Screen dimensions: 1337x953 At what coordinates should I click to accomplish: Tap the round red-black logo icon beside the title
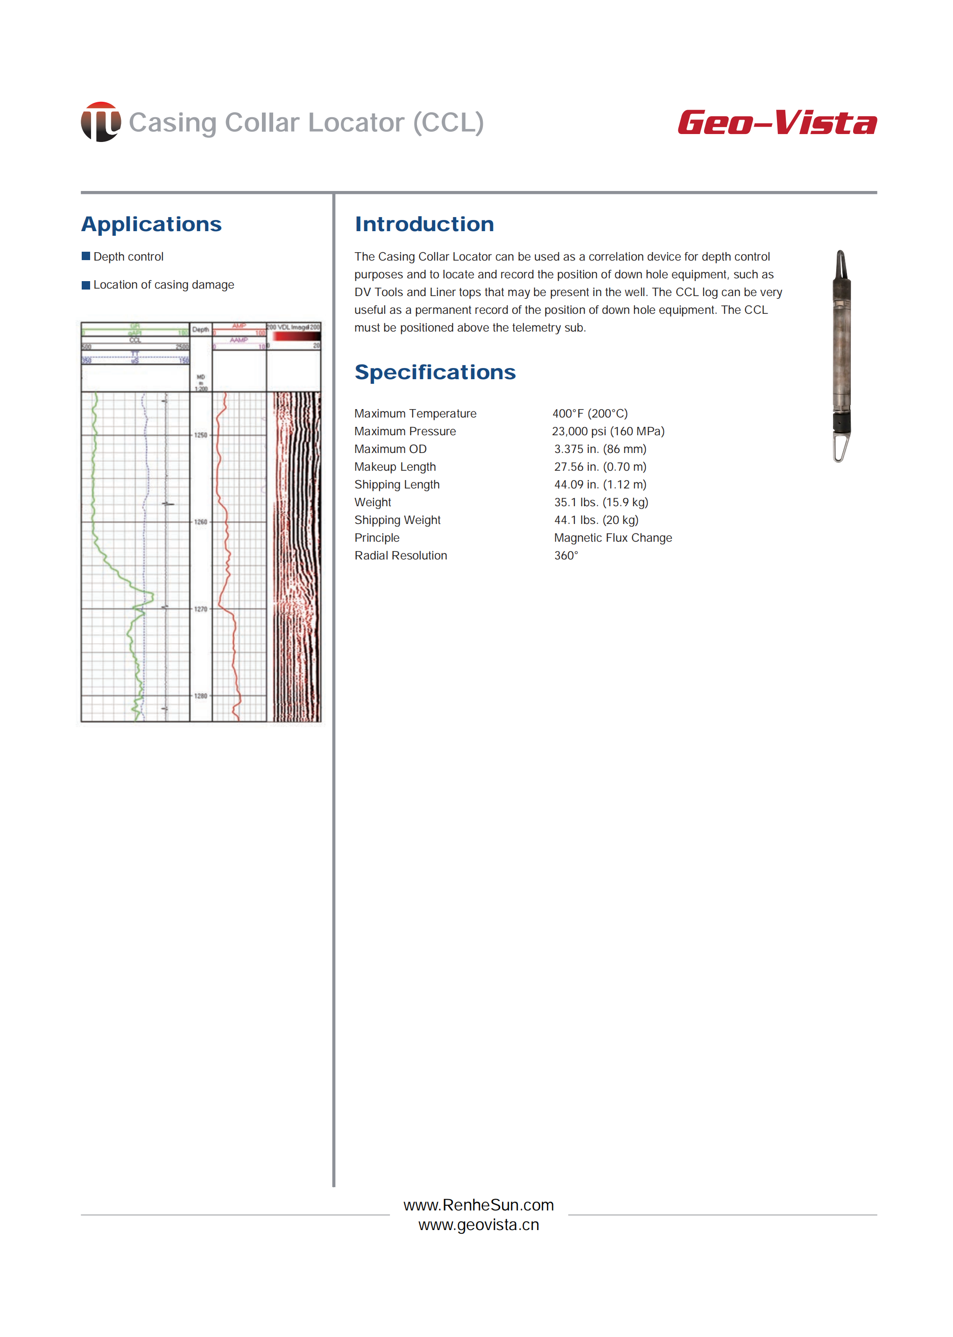[101, 122]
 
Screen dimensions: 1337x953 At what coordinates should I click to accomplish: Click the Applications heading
[151, 224]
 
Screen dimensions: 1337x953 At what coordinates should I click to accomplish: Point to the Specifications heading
[435, 372]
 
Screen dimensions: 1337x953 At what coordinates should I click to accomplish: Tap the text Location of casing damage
[164, 285]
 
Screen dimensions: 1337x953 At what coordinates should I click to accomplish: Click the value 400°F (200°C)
[590, 413]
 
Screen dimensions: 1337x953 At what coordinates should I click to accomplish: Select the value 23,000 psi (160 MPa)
[608, 431]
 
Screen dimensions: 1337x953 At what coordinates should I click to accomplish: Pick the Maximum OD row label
[390, 449]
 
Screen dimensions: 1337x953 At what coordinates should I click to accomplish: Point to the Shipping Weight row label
[397, 520]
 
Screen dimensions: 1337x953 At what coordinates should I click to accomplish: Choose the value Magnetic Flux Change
[613, 538]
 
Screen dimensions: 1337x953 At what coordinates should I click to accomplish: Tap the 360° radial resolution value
[566, 555]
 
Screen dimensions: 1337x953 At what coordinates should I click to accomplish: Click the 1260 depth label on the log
[201, 522]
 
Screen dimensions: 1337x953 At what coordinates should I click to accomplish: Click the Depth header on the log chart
[201, 330]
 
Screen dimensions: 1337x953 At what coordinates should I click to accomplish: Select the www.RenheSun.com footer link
[478, 1205]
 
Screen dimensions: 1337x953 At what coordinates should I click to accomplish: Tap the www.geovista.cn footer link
[478, 1225]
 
